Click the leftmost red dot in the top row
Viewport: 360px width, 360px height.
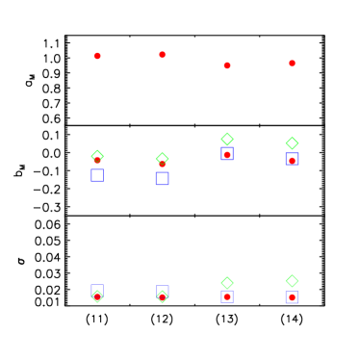point(97,56)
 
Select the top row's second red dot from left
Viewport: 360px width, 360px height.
point(162,55)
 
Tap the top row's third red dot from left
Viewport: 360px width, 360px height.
point(227,65)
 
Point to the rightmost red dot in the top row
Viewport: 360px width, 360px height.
point(292,64)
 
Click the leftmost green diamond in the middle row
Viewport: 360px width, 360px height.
point(97,156)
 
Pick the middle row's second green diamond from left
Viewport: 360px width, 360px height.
point(162,159)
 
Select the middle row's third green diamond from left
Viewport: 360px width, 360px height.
point(227,139)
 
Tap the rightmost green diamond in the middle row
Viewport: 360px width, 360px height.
point(292,143)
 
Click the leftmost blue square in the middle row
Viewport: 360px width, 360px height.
point(97,175)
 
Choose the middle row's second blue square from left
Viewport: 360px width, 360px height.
point(162,178)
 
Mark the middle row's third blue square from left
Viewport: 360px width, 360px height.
point(227,154)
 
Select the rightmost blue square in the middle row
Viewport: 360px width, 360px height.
point(292,159)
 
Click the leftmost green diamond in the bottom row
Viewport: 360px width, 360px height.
point(97,296)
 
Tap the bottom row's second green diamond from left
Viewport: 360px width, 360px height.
point(162,296)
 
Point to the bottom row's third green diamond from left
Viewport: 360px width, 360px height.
point(227,283)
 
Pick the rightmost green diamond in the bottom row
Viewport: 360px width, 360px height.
point(292,281)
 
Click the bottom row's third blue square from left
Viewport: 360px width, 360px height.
point(227,296)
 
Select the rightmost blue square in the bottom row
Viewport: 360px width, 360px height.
point(292,297)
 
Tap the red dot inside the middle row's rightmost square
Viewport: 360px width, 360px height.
point(292,161)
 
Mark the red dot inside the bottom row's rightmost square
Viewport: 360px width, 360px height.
point(292,297)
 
